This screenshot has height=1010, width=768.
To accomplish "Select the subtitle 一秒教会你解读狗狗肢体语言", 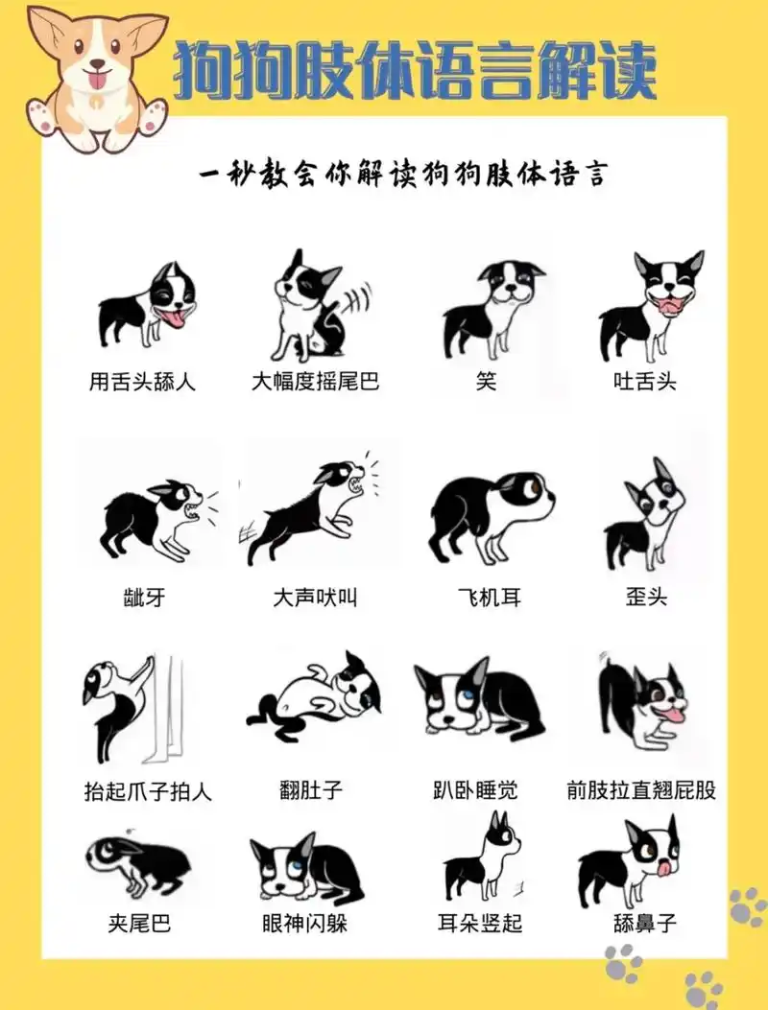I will pos(403,176).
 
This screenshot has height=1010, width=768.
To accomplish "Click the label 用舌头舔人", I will pos(142,381).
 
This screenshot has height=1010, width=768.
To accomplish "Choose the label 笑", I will pos(487,381).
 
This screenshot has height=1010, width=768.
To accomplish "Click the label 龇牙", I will pos(145,598).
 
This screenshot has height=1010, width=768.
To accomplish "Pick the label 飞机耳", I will pos(489,598).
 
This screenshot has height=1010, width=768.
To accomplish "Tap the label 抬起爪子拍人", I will pos(148,791).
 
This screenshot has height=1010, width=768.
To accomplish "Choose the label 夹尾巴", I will pos(139,923).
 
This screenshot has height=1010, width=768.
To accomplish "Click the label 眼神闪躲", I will pos(305,923).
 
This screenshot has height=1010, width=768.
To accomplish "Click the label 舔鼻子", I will pos(645,923).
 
